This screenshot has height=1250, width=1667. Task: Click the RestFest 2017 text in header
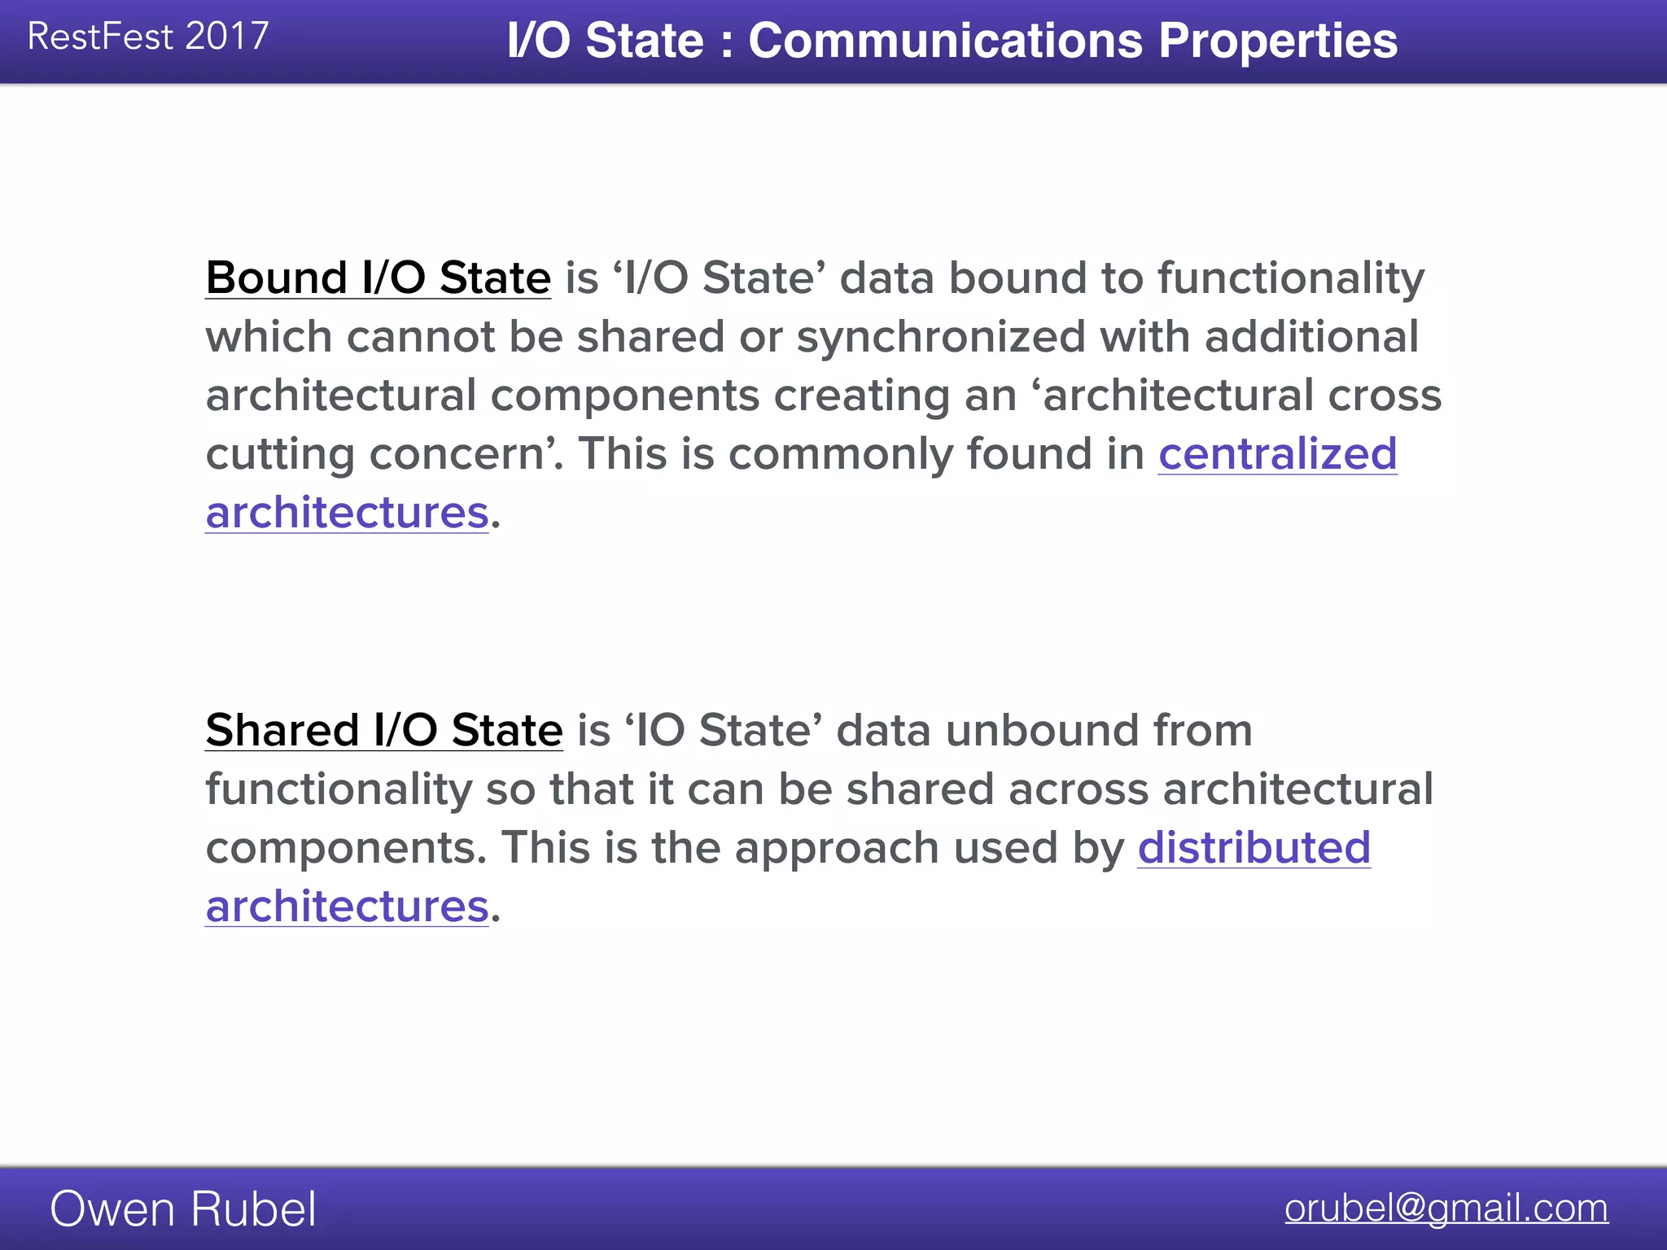pyautogui.click(x=147, y=37)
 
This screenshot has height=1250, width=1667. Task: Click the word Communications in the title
pyautogui.click(x=945, y=41)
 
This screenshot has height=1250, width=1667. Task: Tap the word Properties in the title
pyautogui.click(x=1277, y=41)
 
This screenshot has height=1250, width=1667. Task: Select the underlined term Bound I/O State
pyautogui.click(x=378, y=278)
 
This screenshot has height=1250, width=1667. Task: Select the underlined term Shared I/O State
pyautogui.click(x=383, y=730)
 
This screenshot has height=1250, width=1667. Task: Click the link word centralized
pyautogui.click(x=1277, y=453)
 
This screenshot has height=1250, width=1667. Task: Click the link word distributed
pyautogui.click(x=1254, y=847)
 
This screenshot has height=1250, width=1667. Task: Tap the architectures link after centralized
pyautogui.click(x=347, y=513)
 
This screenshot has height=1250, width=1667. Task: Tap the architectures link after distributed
pyautogui.click(x=347, y=907)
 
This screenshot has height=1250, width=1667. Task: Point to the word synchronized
pyautogui.click(x=940, y=337)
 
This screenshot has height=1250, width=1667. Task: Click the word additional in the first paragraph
pyautogui.click(x=1311, y=337)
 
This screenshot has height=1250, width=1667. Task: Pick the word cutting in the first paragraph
pyautogui.click(x=280, y=454)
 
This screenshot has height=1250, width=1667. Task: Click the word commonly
pyautogui.click(x=840, y=454)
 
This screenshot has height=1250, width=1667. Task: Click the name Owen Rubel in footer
pyautogui.click(x=182, y=1208)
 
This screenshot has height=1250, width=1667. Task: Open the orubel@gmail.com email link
pyautogui.click(x=1446, y=1208)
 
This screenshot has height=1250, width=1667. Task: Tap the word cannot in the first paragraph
pyautogui.click(x=421, y=337)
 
